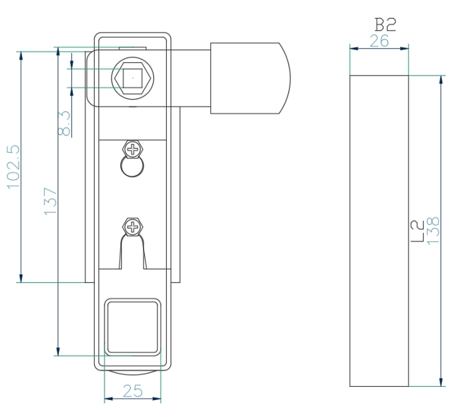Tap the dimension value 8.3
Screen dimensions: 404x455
tap(65, 123)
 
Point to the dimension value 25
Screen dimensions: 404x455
tap(133, 391)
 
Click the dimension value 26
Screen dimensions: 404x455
tap(380, 41)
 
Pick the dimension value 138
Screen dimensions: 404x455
tap(433, 231)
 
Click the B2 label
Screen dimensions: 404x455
tap(384, 25)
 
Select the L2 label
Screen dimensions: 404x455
tap(417, 231)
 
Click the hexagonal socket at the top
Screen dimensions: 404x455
tap(132, 78)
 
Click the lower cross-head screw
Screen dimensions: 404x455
tap(133, 228)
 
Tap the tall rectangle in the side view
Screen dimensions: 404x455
tap(379, 231)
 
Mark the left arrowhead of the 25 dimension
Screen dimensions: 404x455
tap(108, 399)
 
